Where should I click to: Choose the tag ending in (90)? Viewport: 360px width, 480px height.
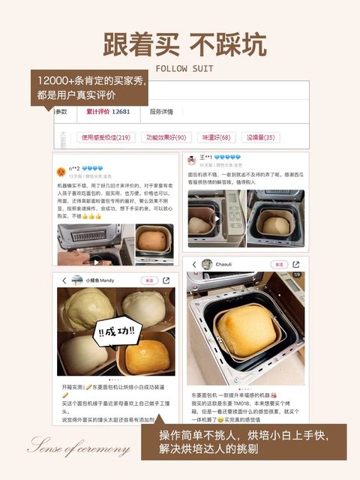pyautogui.click(x=166, y=137)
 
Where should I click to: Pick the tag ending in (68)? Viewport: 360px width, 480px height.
pyautogui.click(x=216, y=137)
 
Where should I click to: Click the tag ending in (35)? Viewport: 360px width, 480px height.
pyautogui.click(x=259, y=137)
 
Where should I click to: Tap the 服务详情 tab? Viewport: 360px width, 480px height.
pyautogui.click(x=160, y=112)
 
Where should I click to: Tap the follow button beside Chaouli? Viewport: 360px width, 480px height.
pyautogui.click(x=279, y=265)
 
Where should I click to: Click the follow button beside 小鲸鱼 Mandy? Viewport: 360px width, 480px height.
pyautogui.click(x=149, y=280)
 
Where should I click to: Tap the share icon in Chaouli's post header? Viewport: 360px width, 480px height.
pyautogui.click(x=298, y=265)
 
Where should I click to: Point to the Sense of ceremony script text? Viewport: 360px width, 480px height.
pyautogui.click(x=79, y=448)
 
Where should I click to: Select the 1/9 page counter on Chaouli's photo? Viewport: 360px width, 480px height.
pyautogui.click(x=296, y=276)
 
